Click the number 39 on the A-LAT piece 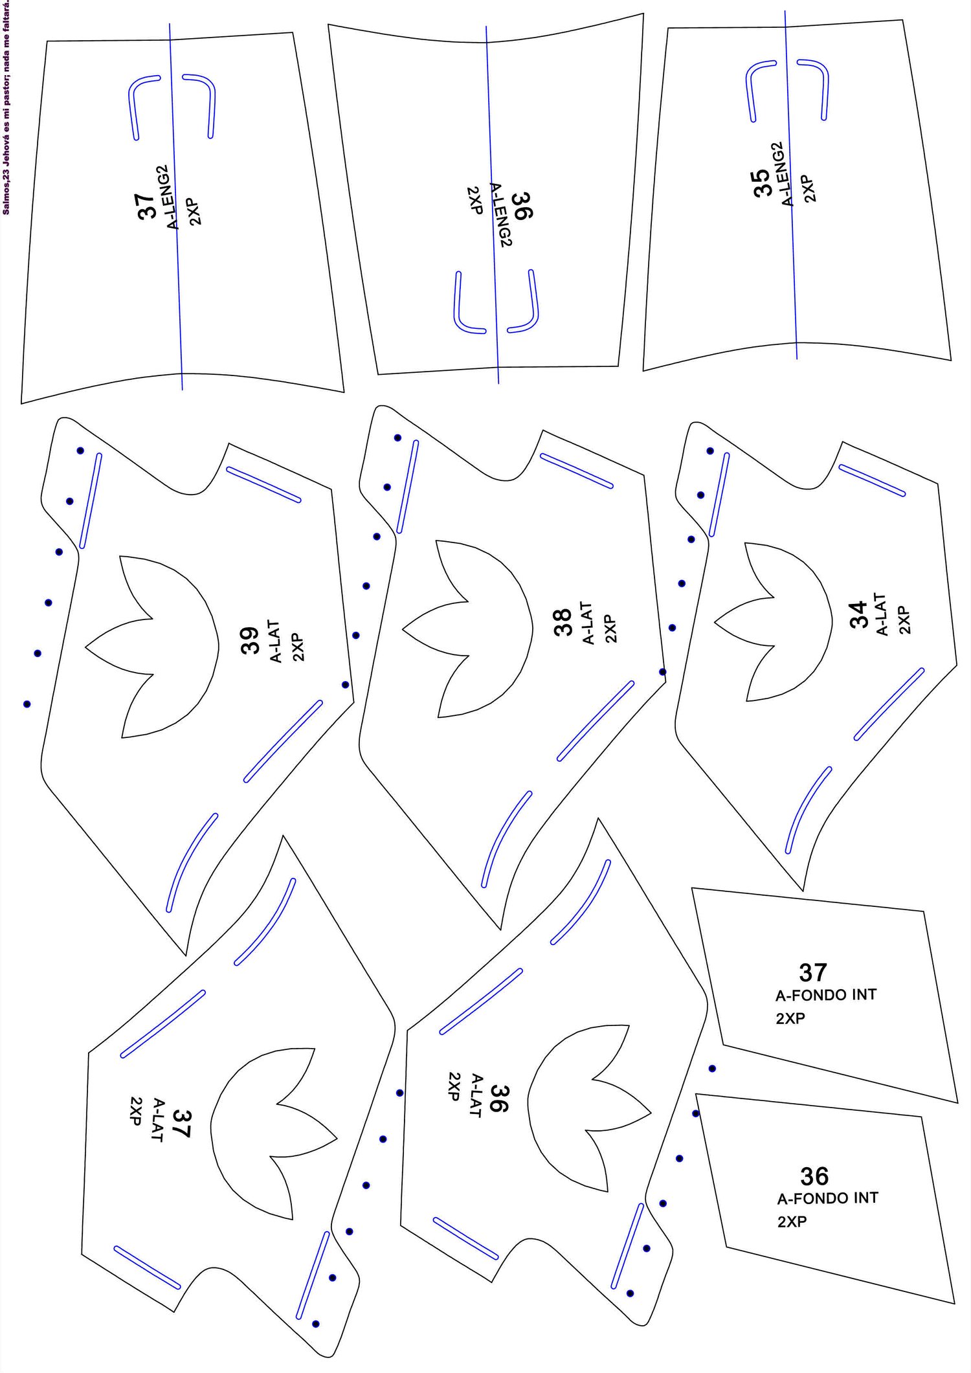coord(250,640)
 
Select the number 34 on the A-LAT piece coord(858,614)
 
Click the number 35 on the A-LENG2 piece coord(762,183)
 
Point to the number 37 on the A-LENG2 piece coord(147,206)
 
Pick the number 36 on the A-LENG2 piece coord(522,206)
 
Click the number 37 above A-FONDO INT coord(813,972)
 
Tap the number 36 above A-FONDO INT coord(814,1176)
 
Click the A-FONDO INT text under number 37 coord(826,994)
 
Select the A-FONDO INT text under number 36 coord(828,1198)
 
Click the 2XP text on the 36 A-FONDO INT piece coord(792,1222)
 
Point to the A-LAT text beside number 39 coord(275,642)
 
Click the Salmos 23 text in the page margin coord(6,107)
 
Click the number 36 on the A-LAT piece coord(499,1099)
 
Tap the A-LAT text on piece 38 coord(588,623)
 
